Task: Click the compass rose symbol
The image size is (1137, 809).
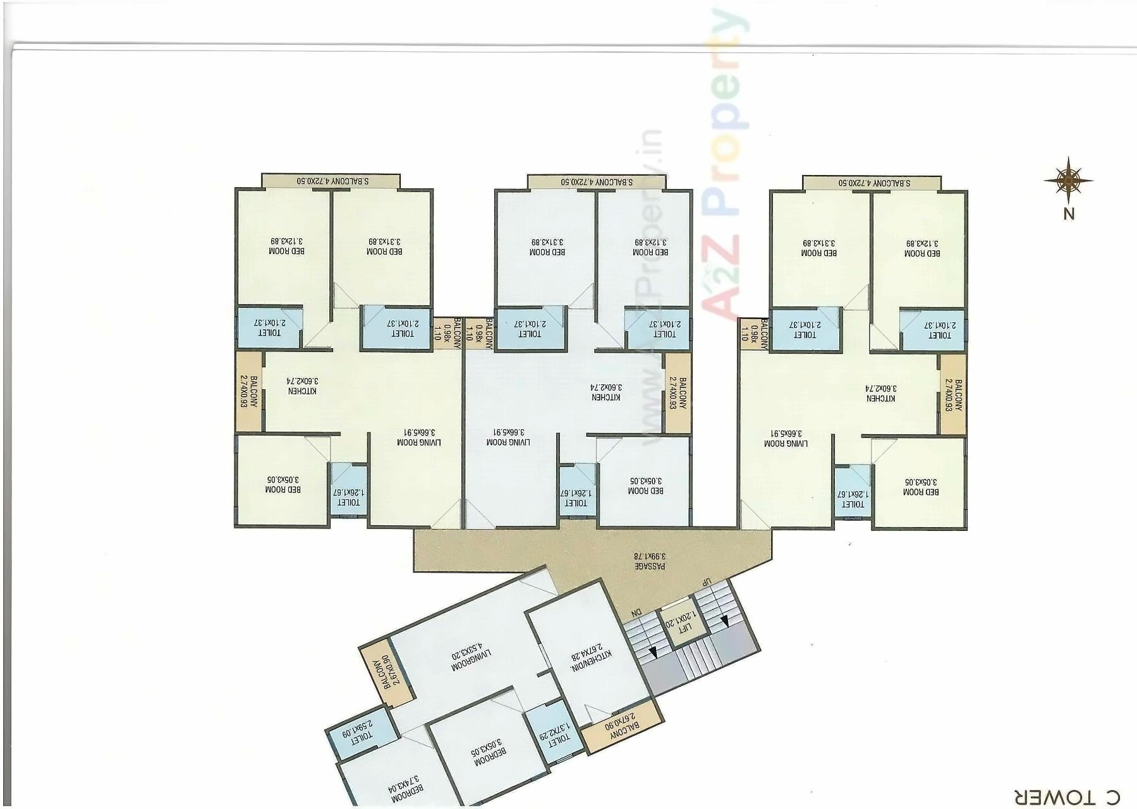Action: pyautogui.click(x=1068, y=181)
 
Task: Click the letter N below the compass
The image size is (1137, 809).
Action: pyautogui.click(x=1069, y=214)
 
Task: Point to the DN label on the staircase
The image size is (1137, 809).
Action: pyautogui.click(x=636, y=613)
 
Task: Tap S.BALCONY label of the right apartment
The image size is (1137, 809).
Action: pyautogui.click(x=872, y=183)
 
